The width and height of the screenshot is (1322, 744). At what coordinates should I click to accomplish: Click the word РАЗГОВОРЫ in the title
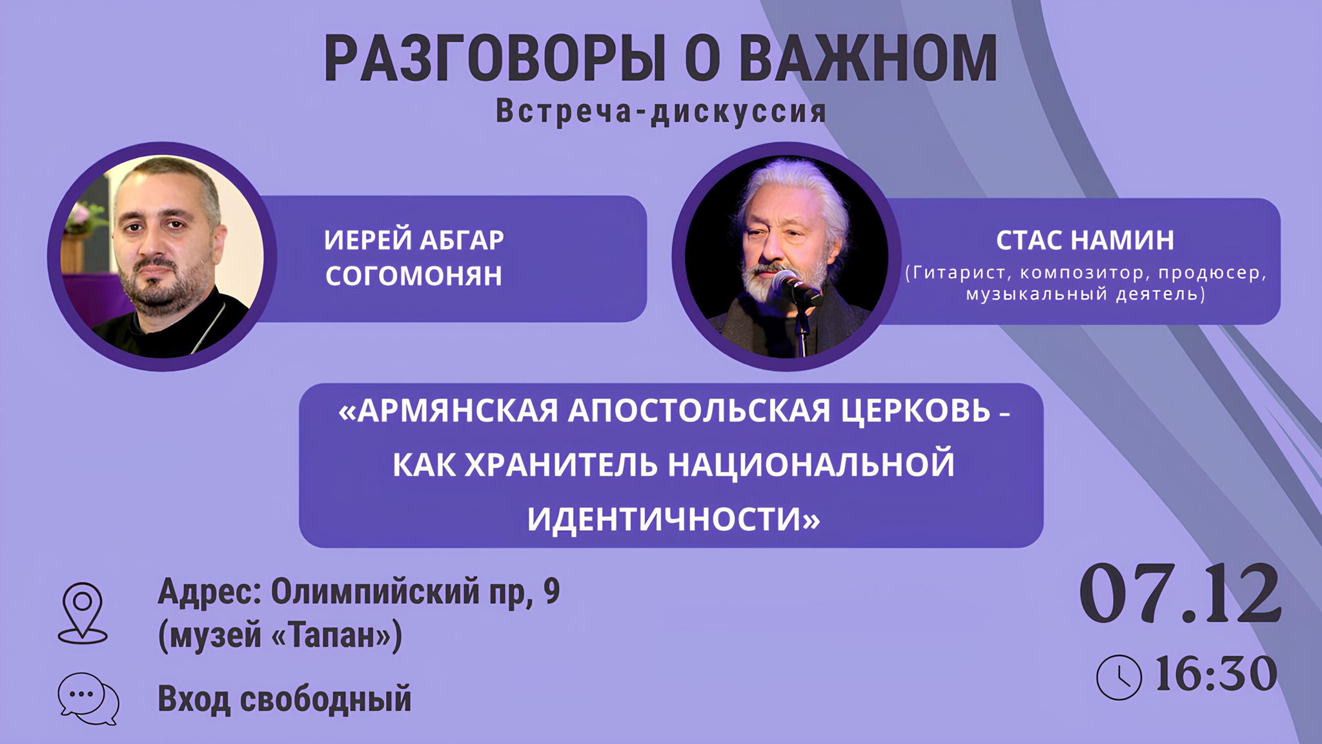coord(494,59)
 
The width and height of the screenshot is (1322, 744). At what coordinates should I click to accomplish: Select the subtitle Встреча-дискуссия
coord(661,112)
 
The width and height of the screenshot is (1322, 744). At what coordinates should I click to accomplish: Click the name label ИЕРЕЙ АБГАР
coord(414,240)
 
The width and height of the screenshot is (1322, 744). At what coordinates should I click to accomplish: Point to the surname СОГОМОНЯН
coord(414,276)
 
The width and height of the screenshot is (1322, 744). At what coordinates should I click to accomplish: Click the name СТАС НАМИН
coord(1085,240)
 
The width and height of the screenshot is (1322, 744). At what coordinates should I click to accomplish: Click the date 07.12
coord(1180,594)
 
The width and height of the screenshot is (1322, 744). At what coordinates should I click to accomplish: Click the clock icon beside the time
coord(1119,677)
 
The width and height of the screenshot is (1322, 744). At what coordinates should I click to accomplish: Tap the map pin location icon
coord(83,612)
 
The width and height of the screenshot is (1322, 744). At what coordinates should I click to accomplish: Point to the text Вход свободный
coord(285,699)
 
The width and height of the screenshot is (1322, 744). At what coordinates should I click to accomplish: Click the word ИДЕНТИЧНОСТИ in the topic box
coord(673,518)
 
